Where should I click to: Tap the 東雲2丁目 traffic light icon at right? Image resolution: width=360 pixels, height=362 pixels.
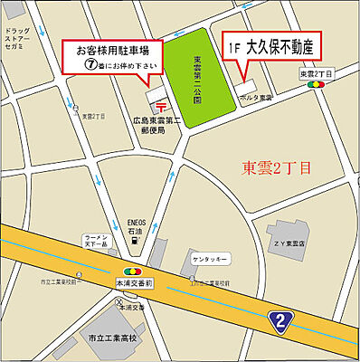coord(317,84)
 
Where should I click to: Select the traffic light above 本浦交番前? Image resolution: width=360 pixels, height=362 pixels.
coord(133,271)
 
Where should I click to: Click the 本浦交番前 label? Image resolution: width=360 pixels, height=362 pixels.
coord(133,281)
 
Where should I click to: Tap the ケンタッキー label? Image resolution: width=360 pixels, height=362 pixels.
coord(210,259)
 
